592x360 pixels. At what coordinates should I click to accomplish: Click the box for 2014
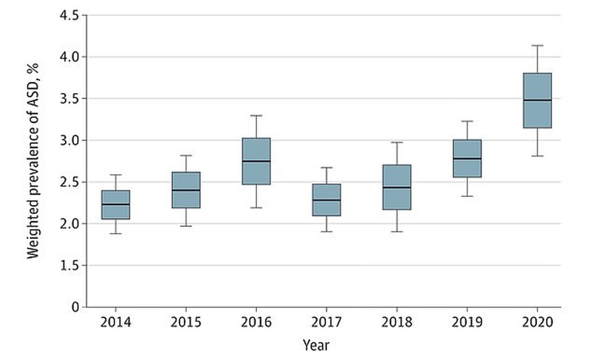tap(115, 205)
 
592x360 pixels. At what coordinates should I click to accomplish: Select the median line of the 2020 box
tap(537, 100)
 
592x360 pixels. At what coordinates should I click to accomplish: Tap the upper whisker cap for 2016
tap(256, 115)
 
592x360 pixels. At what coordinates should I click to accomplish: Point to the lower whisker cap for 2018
tap(397, 231)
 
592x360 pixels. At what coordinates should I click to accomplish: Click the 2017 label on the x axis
tap(326, 323)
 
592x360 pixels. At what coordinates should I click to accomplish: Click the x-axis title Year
tap(316, 344)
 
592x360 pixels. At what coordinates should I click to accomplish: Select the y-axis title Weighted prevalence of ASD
tap(33, 161)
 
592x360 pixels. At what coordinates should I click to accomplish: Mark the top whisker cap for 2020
tap(537, 46)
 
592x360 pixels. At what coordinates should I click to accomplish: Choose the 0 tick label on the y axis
tap(76, 307)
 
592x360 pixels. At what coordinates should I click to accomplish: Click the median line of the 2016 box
tap(256, 161)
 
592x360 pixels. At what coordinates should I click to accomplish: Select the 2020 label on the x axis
tap(537, 323)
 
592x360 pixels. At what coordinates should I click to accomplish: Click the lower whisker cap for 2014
tap(115, 234)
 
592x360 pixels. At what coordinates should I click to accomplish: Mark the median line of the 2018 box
tap(397, 187)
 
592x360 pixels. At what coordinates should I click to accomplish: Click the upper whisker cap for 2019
tap(467, 121)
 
